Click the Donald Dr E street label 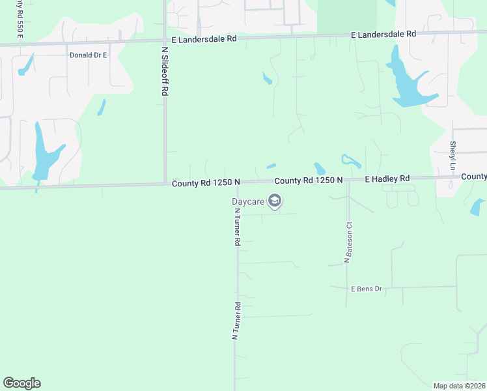[x=88, y=55]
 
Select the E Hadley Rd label [x=387, y=179]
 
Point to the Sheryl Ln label [x=452, y=156]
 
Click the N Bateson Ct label [x=348, y=242]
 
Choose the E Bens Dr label [x=366, y=289]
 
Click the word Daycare [x=248, y=201]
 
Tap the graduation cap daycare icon [x=275, y=201]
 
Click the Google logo [x=21, y=383]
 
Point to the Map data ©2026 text [x=459, y=385]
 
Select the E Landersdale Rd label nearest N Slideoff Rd [x=203, y=39]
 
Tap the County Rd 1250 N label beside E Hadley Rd [x=309, y=181]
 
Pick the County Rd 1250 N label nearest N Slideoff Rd [x=206, y=184]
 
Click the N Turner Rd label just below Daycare [x=238, y=226]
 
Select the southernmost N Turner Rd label [x=237, y=321]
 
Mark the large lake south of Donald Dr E [x=44, y=153]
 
